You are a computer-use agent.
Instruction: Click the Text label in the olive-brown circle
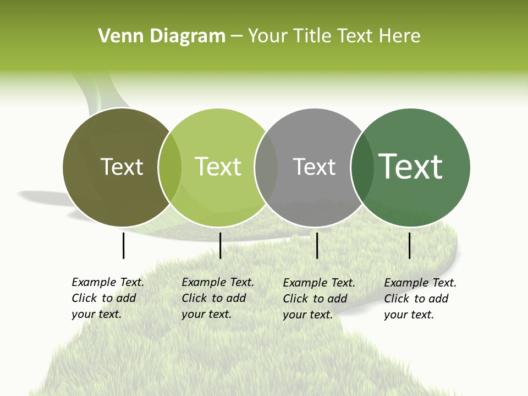click(x=122, y=167)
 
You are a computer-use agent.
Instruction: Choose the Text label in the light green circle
click(x=218, y=167)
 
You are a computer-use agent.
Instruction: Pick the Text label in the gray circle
click(x=314, y=167)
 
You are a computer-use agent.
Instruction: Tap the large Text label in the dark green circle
click(x=411, y=167)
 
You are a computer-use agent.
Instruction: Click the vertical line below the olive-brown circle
click(x=123, y=245)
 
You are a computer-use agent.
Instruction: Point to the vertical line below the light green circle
click(x=220, y=245)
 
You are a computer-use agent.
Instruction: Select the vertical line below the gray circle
click(x=317, y=245)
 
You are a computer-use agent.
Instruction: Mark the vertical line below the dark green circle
click(x=409, y=245)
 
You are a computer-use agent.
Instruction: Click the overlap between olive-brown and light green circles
click(x=170, y=167)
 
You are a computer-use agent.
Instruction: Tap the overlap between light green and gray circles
click(x=266, y=167)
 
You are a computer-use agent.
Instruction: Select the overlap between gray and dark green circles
click(x=362, y=167)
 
